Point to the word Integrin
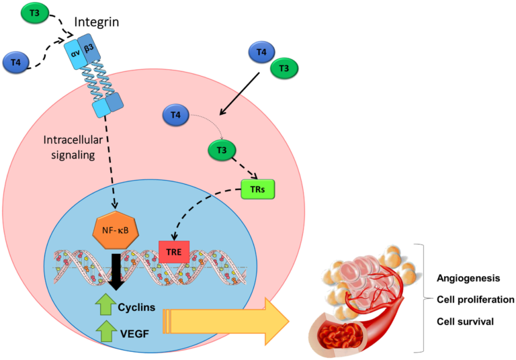(96, 23)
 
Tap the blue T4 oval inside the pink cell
(176, 116)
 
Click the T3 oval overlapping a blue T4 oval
(284, 67)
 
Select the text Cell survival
(465, 322)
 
